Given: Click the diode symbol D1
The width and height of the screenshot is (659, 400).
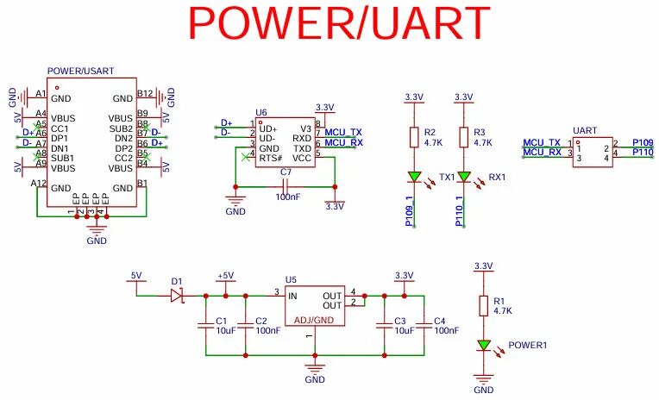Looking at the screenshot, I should (177, 295).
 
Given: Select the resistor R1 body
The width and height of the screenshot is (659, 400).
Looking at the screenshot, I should (483, 306).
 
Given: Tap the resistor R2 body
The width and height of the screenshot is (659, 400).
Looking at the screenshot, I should (414, 138).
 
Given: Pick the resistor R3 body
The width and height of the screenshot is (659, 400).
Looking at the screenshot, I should (463, 138).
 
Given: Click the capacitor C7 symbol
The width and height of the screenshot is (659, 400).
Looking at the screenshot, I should (286, 184).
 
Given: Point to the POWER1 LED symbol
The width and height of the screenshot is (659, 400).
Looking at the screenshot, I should (483, 346).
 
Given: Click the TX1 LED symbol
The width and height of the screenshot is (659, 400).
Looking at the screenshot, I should (414, 178).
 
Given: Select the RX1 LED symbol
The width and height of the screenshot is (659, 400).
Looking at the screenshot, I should (463, 178).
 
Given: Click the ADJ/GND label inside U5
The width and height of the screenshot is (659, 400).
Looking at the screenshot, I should (314, 320).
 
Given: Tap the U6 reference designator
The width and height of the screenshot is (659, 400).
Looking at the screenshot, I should (261, 113).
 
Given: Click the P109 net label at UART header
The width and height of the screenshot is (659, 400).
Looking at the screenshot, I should (642, 141).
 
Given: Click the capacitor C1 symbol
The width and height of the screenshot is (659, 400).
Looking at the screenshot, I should (205, 325).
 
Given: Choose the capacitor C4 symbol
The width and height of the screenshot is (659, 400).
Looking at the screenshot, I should (424, 325).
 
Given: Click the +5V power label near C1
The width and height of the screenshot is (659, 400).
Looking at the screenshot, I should (225, 276).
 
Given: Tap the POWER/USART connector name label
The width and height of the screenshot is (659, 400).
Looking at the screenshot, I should (81, 72).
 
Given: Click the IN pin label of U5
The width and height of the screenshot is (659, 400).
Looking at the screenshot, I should (292, 295).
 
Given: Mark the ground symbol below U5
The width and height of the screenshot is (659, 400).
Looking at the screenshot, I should (314, 369).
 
